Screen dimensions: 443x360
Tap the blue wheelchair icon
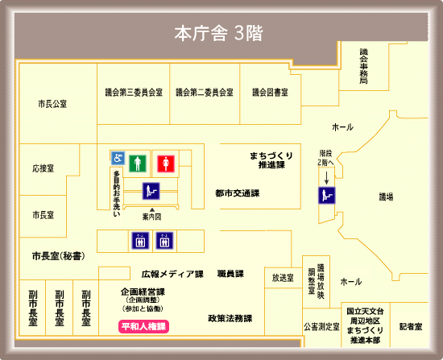[x=118, y=159]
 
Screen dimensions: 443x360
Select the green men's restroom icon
[x=138, y=163]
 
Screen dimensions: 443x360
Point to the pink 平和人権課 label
[x=143, y=327]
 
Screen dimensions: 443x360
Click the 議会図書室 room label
[x=270, y=92]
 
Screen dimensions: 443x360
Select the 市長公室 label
[x=52, y=105]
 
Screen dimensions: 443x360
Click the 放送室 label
[x=283, y=278]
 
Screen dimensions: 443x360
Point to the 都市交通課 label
[x=237, y=193]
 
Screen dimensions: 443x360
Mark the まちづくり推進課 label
[x=270, y=159]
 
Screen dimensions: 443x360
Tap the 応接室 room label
[x=43, y=169]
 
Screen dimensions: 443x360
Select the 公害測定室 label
[x=321, y=327]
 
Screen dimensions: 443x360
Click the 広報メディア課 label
[x=172, y=274]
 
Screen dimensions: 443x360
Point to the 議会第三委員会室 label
[x=134, y=92]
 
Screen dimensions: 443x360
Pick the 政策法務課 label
[x=230, y=318]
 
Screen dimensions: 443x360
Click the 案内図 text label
[x=151, y=217]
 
